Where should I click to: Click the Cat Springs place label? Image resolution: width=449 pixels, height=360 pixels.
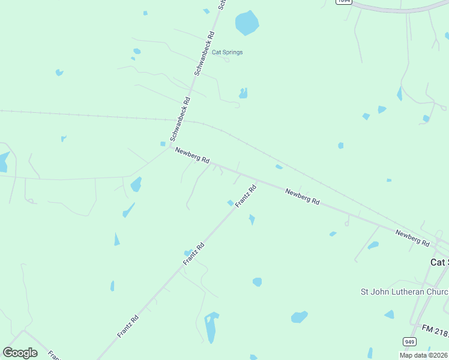click(x=228, y=52)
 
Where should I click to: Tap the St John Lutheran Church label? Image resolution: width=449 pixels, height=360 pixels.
click(x=403, y=292)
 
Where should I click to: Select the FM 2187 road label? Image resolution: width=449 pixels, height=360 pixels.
click(x=435, y=329)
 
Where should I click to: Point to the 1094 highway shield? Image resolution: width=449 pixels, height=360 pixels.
click(x=343, y=2)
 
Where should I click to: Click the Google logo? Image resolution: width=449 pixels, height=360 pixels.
click(x=20, y=352)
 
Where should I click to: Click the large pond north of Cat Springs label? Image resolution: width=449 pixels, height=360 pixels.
click(x=247, y=23)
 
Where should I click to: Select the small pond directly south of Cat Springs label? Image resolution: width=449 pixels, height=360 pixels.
click(x=243, y=93)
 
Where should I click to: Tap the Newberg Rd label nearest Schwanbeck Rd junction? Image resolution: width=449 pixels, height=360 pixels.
click(x=192, y=155)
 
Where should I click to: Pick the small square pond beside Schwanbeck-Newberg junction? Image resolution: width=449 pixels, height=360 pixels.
click(x=162, y=143)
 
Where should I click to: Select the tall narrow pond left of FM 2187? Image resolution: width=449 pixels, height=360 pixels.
click(x=211, y=327)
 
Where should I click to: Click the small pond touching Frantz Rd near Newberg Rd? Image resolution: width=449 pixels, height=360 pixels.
click(x=231, y=203)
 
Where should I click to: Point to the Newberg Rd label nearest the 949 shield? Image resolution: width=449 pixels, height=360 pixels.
click(x=412, y=238)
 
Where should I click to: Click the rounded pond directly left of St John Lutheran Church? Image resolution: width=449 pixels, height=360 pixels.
click(x=299, y=316)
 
